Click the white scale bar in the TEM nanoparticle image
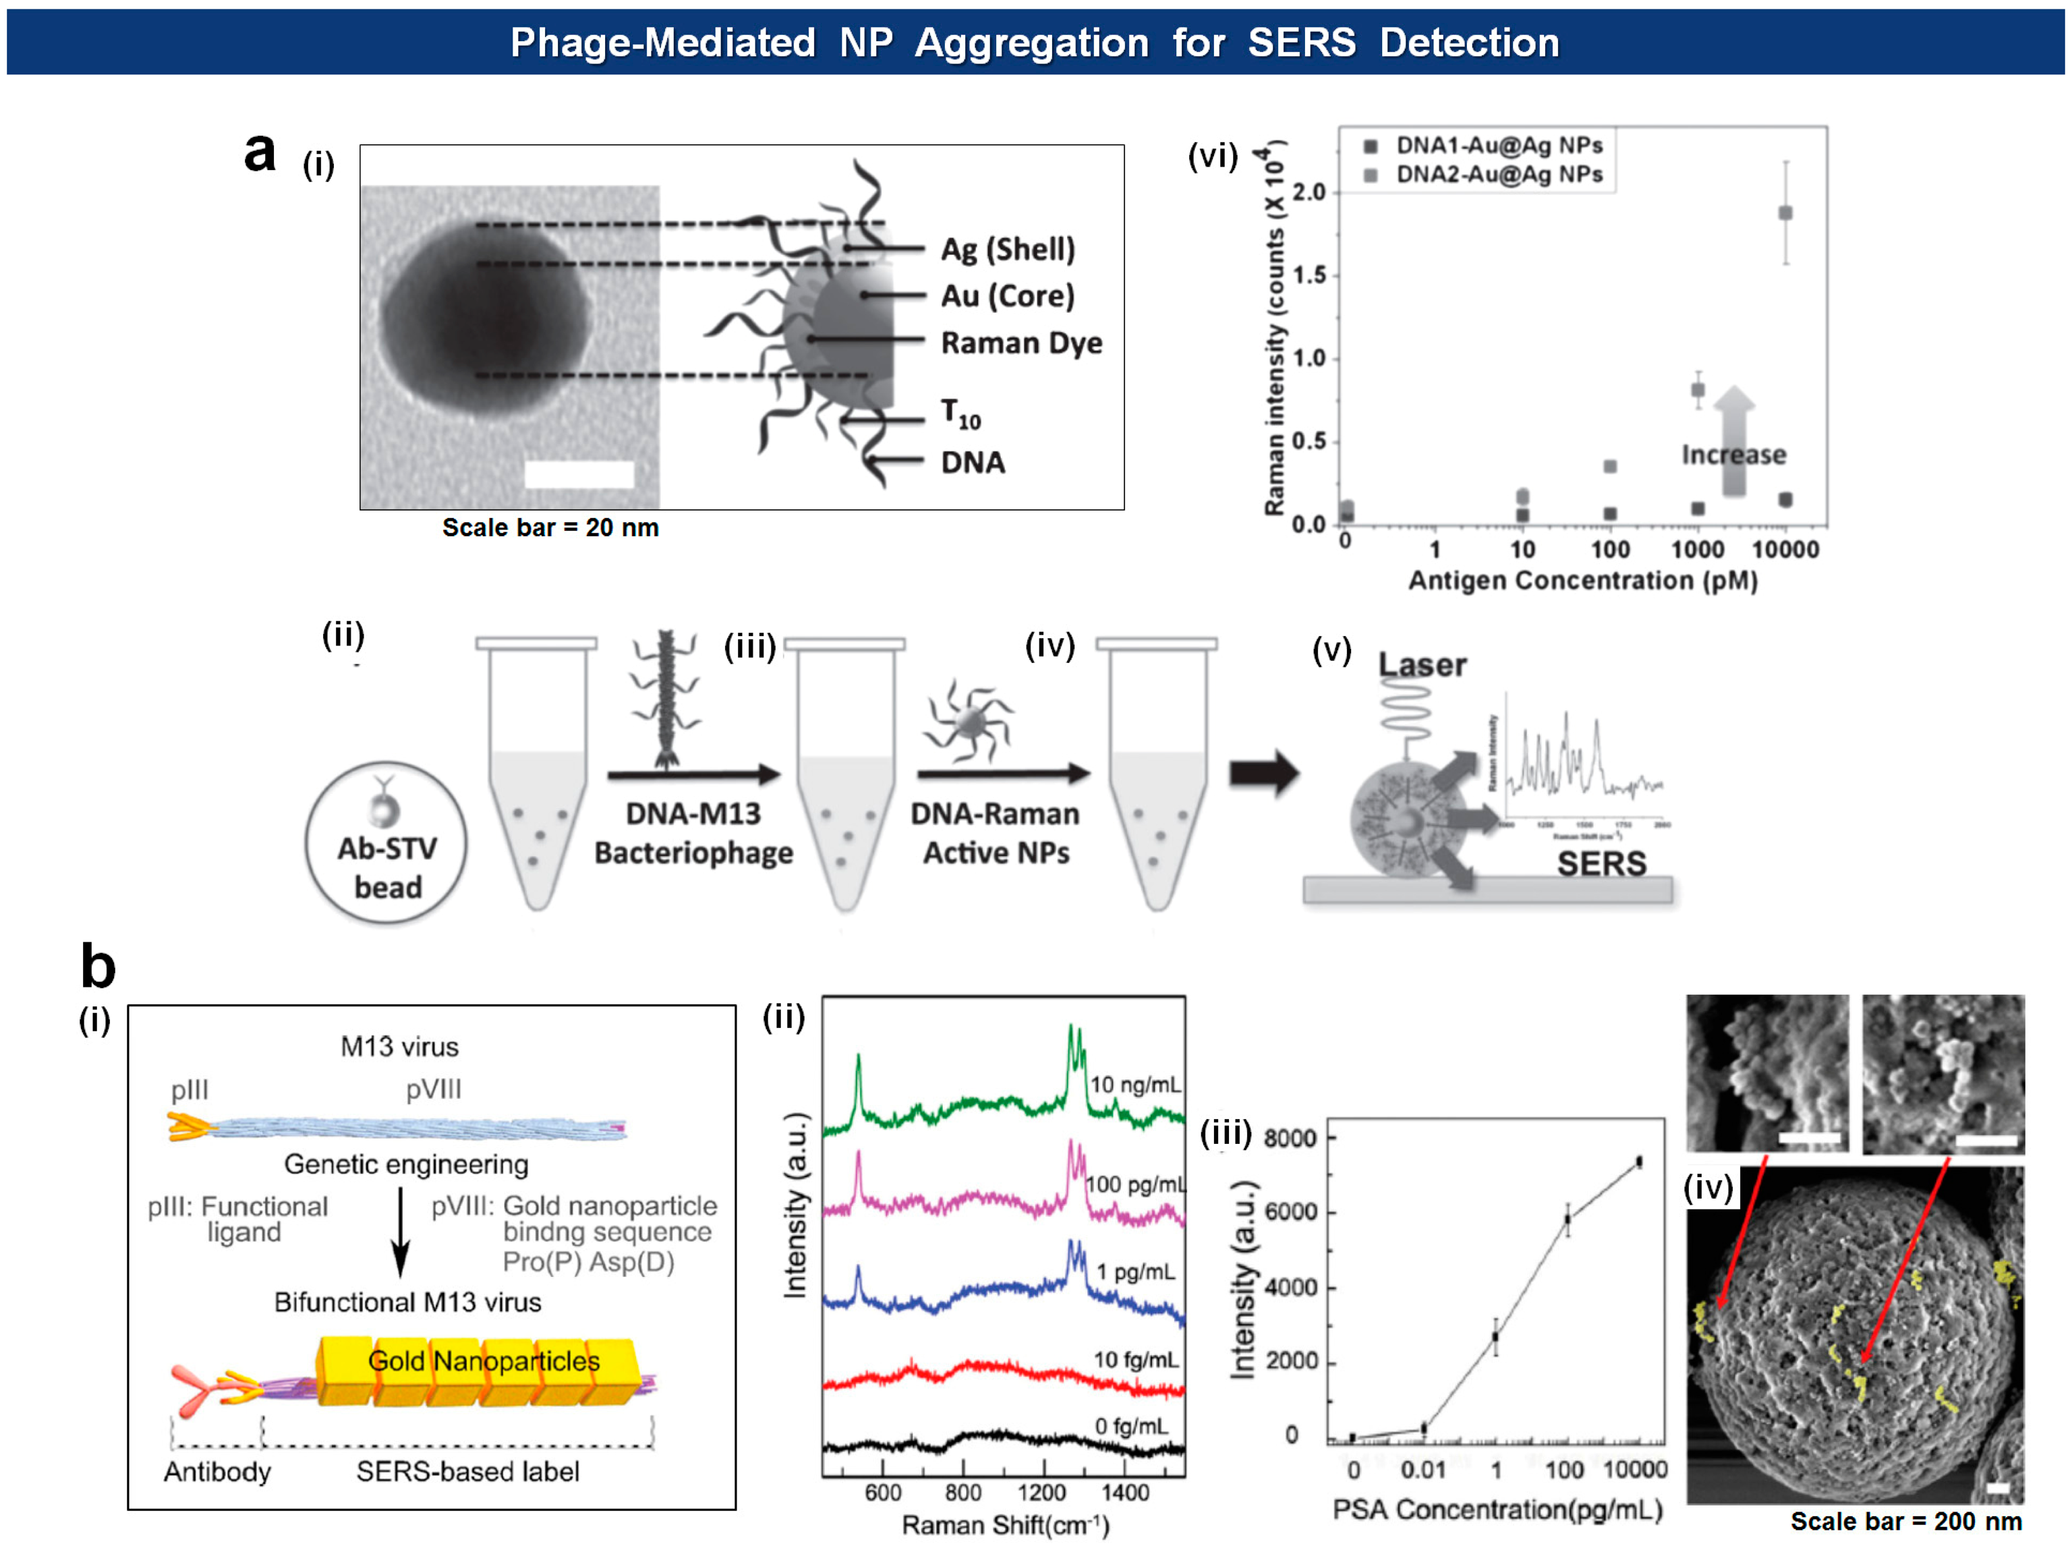[579, 474]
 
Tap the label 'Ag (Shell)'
[1008, 249]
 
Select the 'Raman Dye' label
[1021, 343]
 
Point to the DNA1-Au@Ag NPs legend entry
[1499, 145]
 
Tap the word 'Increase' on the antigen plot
[1733, 455]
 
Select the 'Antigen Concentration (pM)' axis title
[1583, 581]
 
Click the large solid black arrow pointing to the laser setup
[1263, 774]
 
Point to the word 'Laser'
[1422, 665]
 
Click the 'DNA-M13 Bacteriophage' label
[693, 834]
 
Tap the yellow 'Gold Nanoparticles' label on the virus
[484, 1361]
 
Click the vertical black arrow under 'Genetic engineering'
[401, 1231]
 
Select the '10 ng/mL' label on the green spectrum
[1135, 1085]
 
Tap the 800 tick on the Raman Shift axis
[963, 1493]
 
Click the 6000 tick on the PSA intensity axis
[1290, 1212]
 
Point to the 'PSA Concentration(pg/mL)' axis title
[1497, 1510]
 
